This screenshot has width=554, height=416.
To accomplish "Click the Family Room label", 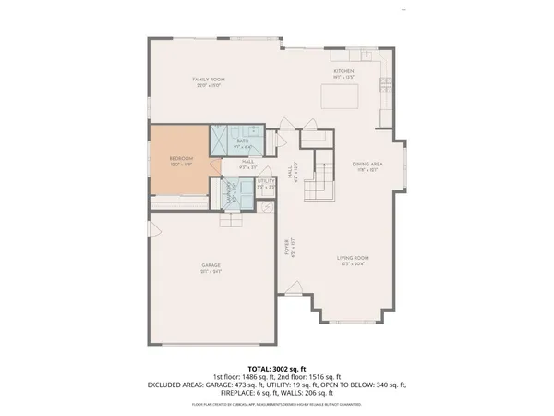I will click(209, 81).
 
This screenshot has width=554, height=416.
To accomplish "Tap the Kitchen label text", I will click(343, 72).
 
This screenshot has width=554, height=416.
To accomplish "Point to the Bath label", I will click(242, 141).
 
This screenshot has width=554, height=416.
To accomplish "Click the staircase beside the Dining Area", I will click(319, 176).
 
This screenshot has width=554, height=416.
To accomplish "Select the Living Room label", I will click(353, 260).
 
